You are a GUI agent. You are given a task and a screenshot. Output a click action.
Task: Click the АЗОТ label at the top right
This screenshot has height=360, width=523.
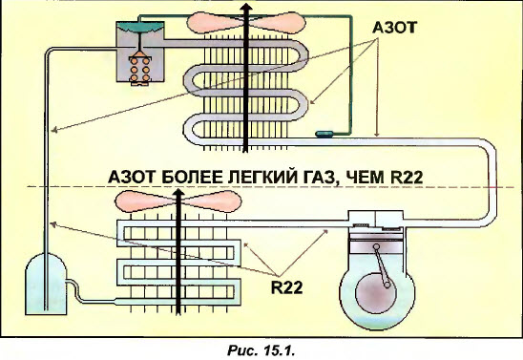click(x=390, y=32)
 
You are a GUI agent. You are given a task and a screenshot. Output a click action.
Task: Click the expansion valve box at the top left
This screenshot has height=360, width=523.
click(x=139, y=53)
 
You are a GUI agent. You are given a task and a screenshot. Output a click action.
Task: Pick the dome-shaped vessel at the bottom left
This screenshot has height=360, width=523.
click(x=45, y=285)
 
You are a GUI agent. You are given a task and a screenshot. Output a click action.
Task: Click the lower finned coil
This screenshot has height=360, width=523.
click(x=177, y=263)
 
